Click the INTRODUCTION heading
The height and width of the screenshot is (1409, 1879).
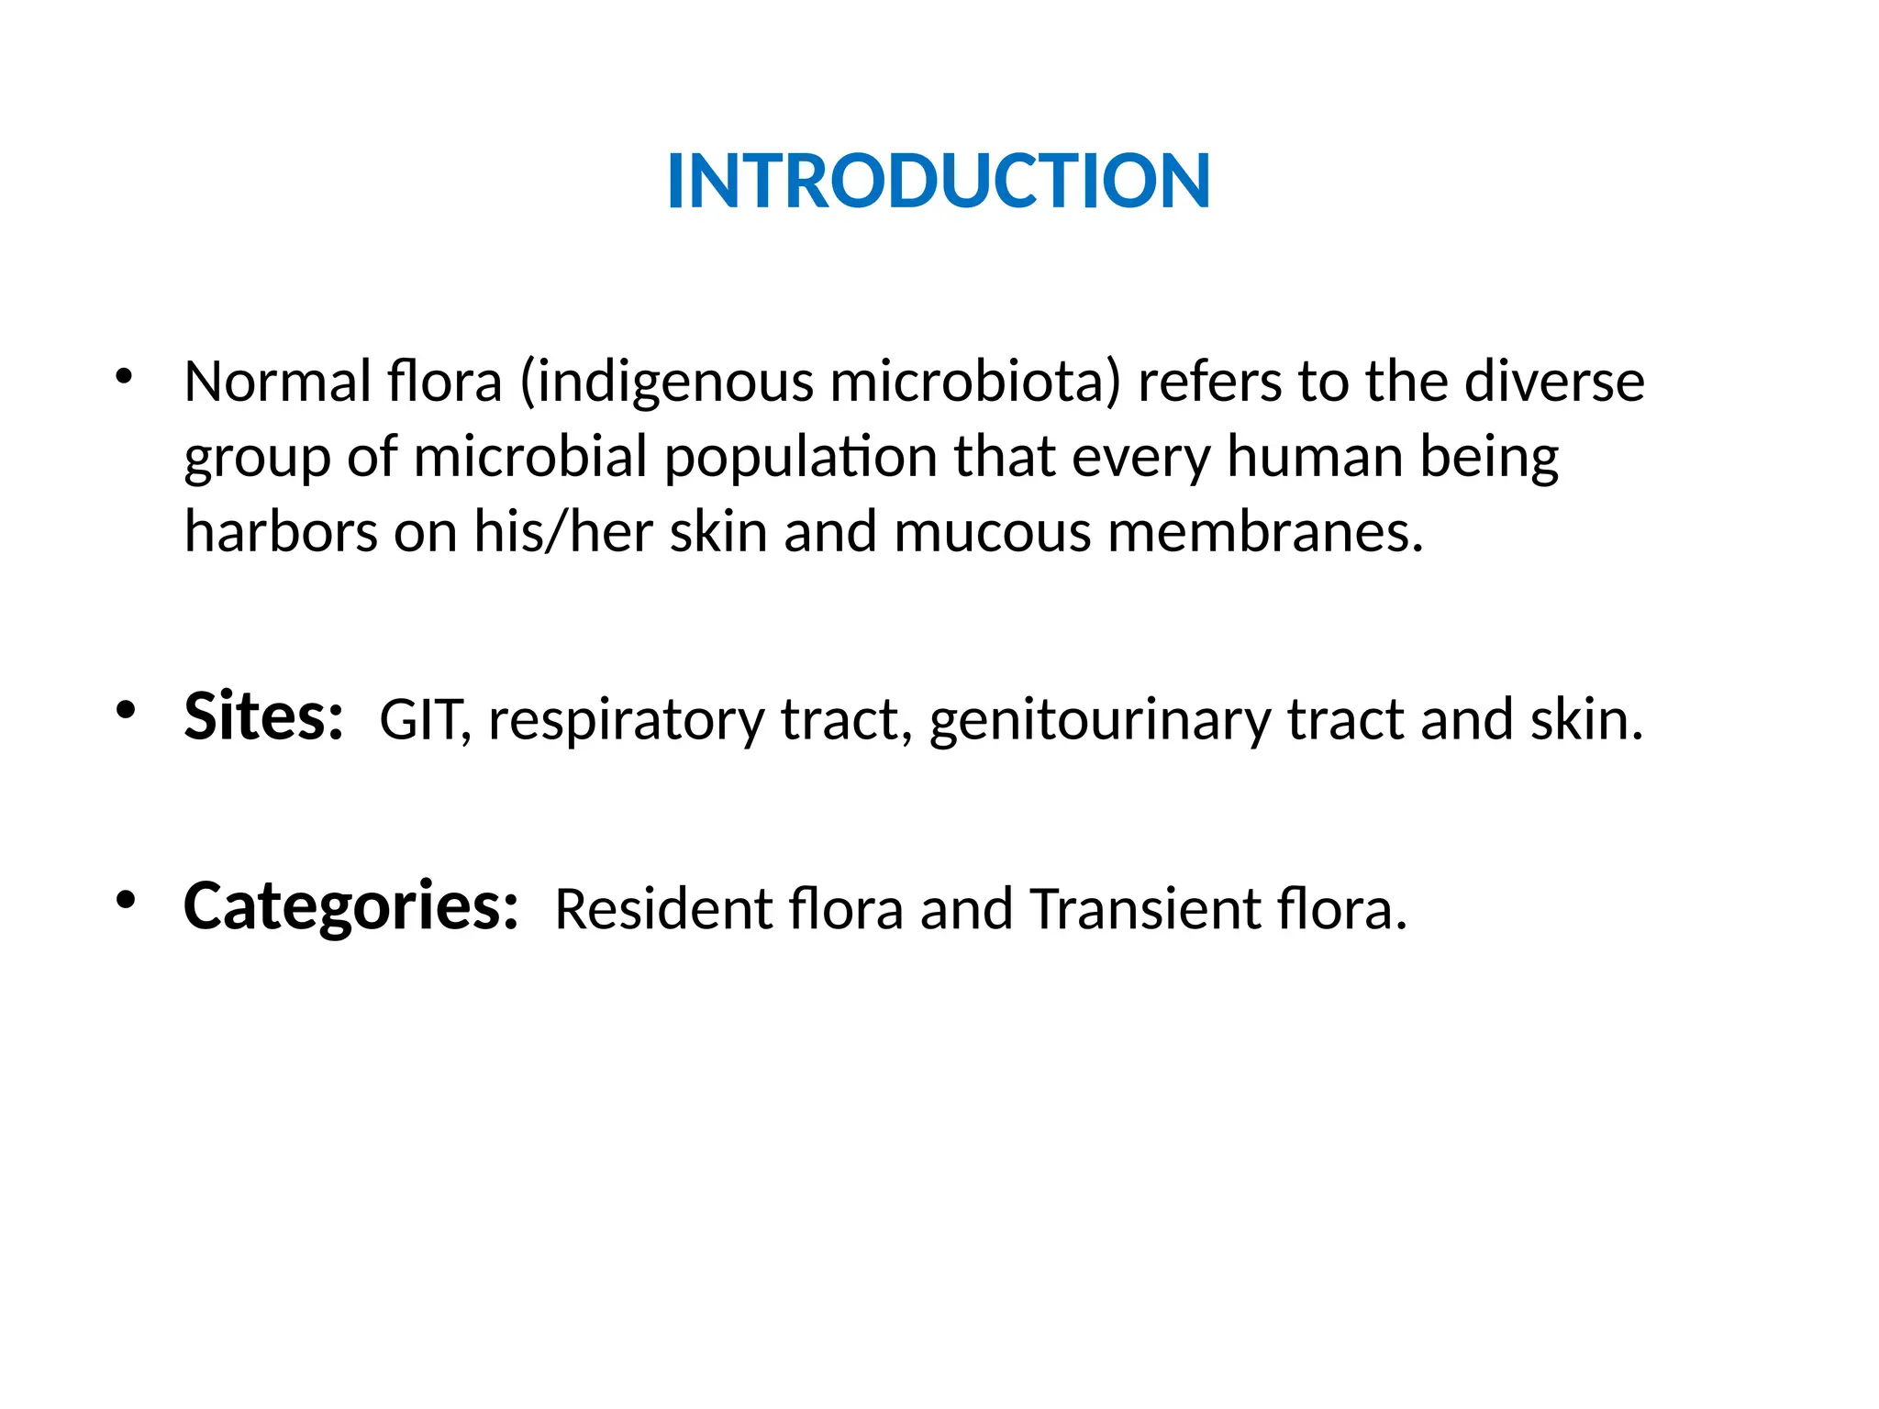point(939,181)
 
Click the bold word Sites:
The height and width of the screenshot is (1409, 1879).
point(263,716)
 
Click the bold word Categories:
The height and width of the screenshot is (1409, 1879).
point(350,907)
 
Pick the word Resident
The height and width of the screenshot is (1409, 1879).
point(663,909)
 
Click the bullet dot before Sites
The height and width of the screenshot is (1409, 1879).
point(126,710)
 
